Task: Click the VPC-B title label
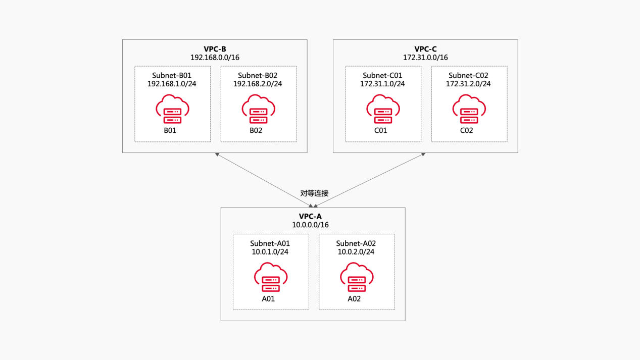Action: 215,49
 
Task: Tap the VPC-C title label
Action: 425,49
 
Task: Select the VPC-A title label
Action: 313,217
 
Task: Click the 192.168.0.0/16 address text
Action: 215,58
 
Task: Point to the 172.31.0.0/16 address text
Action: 425,58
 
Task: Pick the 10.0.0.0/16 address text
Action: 313,225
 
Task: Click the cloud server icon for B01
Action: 172,110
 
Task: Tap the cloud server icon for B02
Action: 258,110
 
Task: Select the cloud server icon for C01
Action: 383,110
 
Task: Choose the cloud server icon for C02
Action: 469,110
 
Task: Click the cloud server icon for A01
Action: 271,278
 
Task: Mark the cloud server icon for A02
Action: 357,278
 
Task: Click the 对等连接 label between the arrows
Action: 314,193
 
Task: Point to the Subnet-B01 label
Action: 172,75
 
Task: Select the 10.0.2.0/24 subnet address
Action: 356,252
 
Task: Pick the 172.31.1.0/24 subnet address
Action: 382,84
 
